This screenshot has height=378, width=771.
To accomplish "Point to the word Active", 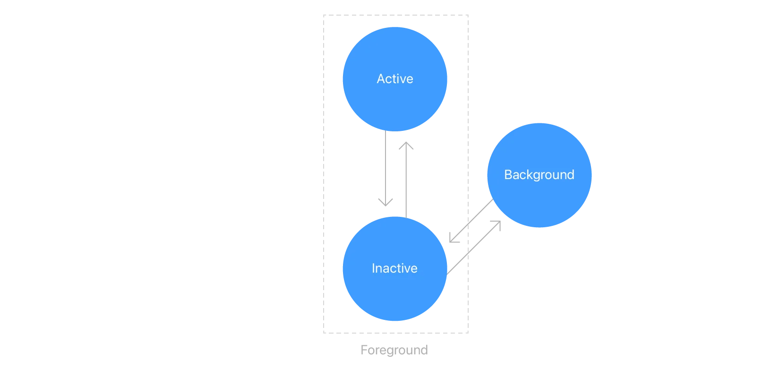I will coord(394,79).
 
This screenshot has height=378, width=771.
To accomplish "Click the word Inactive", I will coord(394,268).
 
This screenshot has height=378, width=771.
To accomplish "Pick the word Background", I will coord(539,175).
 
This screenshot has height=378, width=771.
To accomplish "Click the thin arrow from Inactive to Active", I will coord(406,184).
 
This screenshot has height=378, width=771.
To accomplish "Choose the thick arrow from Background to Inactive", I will coord(475,217).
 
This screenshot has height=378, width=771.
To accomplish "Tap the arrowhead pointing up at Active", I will coord(406,146).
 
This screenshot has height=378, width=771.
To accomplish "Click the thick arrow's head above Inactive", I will coord(385,201).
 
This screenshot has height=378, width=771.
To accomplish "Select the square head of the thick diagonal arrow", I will coord(454,238).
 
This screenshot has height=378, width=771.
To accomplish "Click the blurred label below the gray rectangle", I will coord(395,350).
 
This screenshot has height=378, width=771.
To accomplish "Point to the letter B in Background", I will coord(508,175).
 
